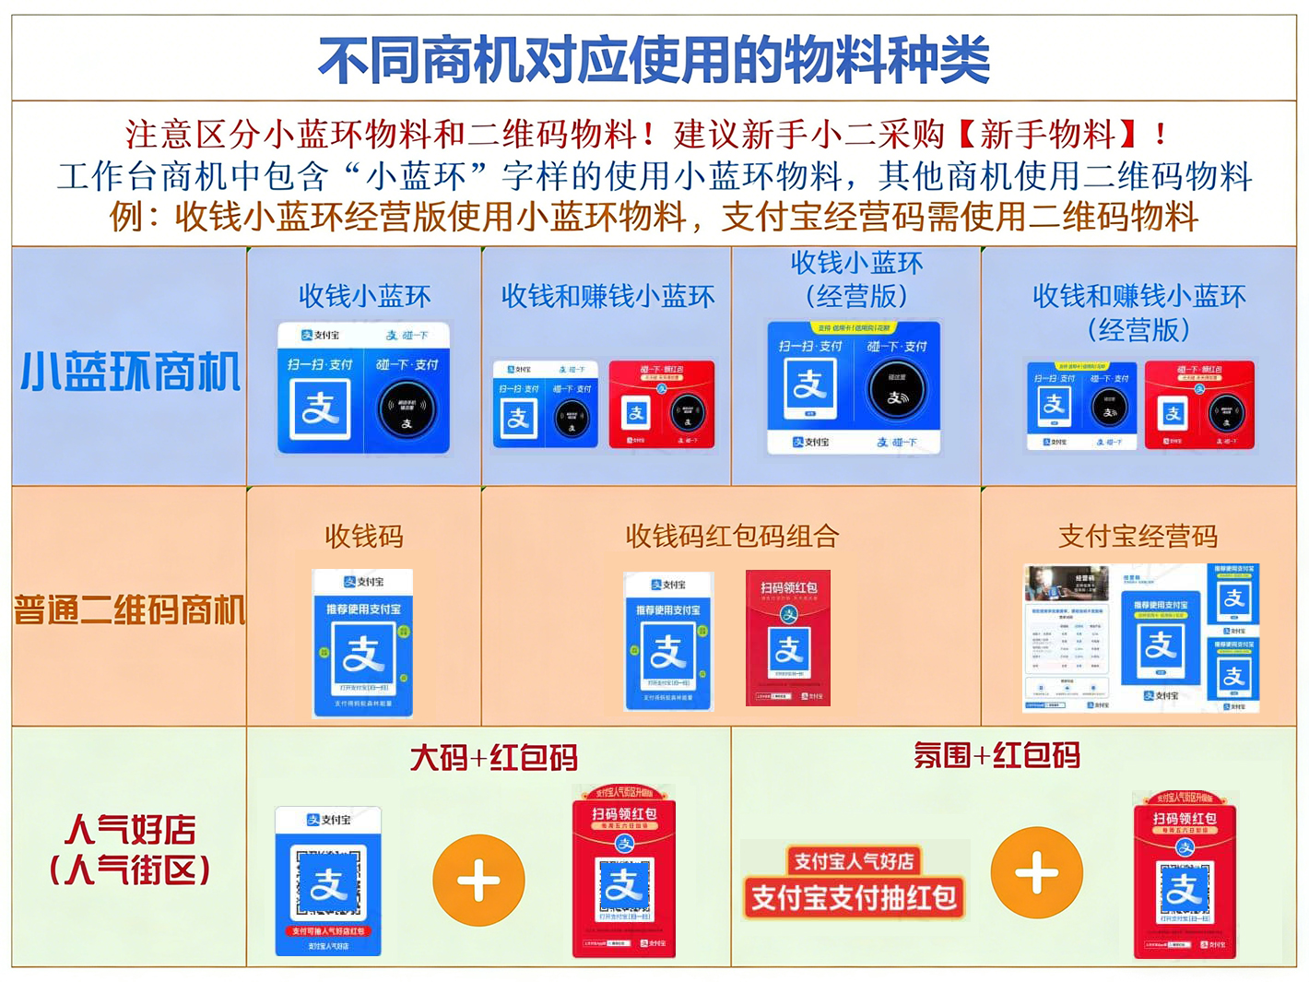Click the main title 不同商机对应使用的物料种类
(654, 60)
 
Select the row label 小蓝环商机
(130, 371)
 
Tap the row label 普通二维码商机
(130, 609)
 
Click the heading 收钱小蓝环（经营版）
(856, 279)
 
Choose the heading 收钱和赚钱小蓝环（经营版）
(1138, 313)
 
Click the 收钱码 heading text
(363, 536)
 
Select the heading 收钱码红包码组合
(732, 536)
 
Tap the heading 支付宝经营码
(1138, 536)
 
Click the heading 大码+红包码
(493, 758)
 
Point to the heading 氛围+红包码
(996, 756)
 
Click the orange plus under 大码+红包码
(478, 881)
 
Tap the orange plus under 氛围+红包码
(1036, 872)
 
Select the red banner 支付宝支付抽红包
(854, 897)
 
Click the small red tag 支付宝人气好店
(854, 861)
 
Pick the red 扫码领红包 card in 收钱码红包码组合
(788, 638)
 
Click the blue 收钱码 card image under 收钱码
(363, 643)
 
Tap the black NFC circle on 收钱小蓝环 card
(407, 408)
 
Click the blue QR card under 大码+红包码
(328, 881)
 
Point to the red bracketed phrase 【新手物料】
(1049, 135)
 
